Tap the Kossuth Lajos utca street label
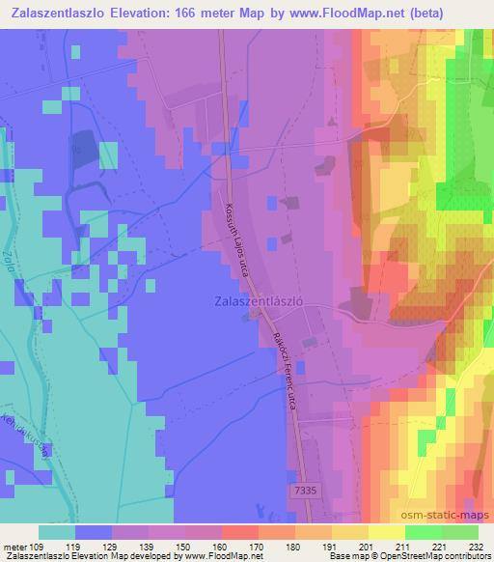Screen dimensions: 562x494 pos(236,239)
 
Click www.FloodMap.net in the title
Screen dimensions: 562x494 pos(359,13)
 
